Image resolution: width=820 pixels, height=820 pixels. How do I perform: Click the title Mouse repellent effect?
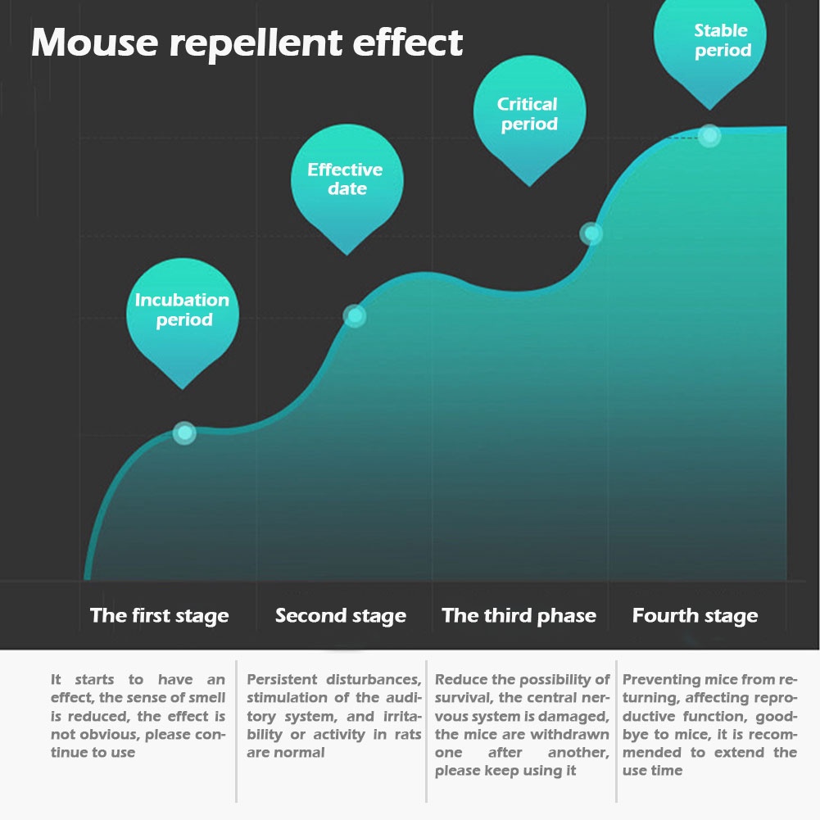(247, 43)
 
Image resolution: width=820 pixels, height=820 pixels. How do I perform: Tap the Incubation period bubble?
(182, 310)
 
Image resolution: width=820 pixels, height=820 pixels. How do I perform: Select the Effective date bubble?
(346, 179)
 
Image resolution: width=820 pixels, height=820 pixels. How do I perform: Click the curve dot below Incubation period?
(184, 433)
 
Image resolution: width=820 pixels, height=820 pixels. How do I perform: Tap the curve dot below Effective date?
(354, 315)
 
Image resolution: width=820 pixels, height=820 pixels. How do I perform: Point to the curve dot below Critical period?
(591, 233)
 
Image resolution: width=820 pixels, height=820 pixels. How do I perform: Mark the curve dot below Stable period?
(709, 135)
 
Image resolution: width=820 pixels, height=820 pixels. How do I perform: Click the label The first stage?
(159, 616)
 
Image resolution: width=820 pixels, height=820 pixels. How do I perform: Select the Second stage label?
(340, 616)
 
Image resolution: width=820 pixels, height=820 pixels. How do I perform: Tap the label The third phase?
(519, 616)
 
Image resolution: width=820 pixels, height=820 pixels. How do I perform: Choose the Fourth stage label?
(695, 616)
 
